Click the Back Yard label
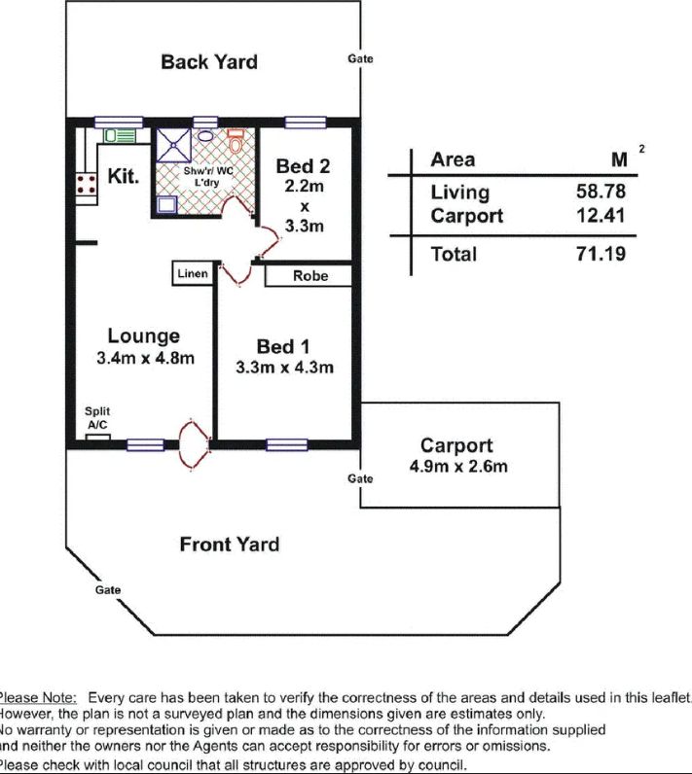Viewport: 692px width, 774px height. click(209, 62)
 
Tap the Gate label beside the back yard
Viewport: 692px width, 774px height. click(360, 58)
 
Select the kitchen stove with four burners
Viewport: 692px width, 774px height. click(87, 184)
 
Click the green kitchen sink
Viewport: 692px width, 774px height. click(119, 136)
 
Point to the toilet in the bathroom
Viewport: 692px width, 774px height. click(236, 142)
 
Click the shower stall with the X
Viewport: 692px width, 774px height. click(173, 145)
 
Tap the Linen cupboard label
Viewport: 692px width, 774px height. click(193, 273)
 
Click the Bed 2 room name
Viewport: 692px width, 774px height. click(303, 166)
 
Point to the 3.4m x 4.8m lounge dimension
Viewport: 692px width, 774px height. click(145, 358)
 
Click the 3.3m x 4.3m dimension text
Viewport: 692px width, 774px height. click(284, 368)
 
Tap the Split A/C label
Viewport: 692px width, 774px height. click(97, 418)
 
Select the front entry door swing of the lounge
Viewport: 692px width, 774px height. click(194, 443)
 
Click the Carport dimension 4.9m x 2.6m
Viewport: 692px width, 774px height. click(458, 467)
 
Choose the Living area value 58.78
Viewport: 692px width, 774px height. click(601, 192)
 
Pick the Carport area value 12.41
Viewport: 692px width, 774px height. click(601, 216)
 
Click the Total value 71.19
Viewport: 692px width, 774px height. click(601, 254)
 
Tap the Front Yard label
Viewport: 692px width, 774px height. click(229, 545)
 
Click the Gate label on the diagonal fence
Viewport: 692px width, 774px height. click(108, 590)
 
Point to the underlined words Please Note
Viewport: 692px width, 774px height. click(38, 698)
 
